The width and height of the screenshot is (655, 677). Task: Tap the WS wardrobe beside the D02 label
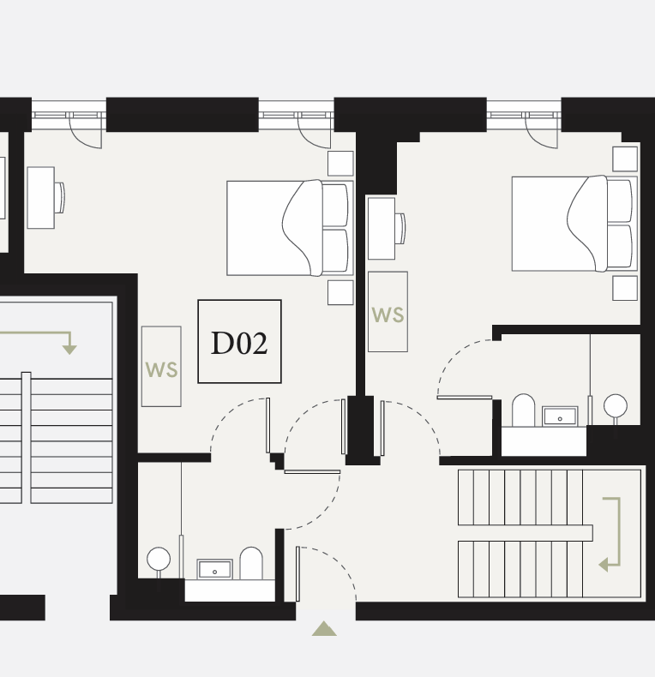click(161, 366)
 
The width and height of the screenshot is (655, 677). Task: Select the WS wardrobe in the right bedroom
click(388, 312)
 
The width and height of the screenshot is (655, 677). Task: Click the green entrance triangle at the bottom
click(324, 629)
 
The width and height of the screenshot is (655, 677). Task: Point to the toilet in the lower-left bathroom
click(251, 563)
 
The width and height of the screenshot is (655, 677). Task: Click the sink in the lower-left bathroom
click(214, 569)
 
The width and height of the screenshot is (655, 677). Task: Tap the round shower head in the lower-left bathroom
click(159, 559)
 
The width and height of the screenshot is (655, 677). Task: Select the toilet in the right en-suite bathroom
click(523, 410)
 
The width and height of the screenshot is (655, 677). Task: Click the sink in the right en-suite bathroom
click(560, 416)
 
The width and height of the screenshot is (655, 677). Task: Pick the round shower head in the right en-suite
click(616, 406)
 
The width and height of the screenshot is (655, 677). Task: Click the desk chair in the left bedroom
click(60, 198)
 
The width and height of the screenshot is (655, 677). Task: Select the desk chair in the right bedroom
click(400, 229)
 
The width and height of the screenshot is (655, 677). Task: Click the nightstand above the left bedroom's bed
click(340, 163)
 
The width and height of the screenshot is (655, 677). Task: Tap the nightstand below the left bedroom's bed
click(340, 292)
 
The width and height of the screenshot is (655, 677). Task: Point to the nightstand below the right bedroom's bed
click(625, 288)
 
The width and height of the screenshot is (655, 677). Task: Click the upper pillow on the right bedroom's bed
click(620, 201)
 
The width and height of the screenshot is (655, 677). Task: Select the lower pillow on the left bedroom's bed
click(335, 251)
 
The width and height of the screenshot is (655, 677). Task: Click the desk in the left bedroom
click(40, 198)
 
